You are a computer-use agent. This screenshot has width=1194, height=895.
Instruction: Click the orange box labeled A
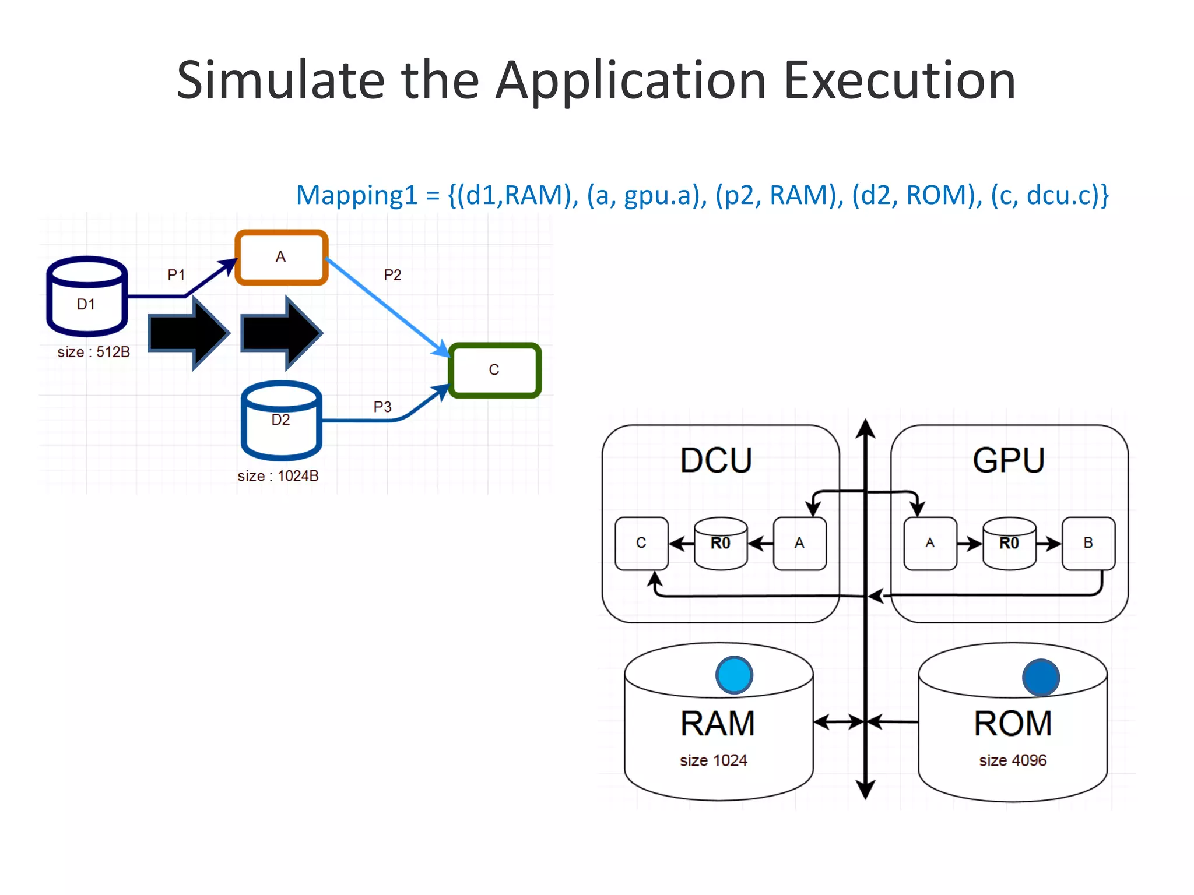click(x=281, y=257)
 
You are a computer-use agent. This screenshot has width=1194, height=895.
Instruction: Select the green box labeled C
click(x=494, y=370)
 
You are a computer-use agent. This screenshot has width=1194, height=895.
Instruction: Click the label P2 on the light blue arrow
click(x=392, y=275)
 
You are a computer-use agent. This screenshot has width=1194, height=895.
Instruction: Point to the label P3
click(x=382, y=407)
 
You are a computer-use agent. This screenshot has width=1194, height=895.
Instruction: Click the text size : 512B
click(x=93, y=352)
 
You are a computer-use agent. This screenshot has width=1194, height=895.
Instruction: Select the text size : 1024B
click(x=278, y=476)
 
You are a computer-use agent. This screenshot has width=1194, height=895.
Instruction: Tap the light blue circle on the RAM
click(x=734, y=675)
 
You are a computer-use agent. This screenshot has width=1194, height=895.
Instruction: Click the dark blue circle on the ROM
click(x=1041, y=677)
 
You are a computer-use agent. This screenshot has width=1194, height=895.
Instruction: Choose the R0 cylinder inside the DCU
click(x=721, y=543)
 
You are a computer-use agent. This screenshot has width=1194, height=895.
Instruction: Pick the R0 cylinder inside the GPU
click(x=1009, y=543)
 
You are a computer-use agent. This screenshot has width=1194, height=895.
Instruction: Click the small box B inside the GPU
click(x=1088, y=543)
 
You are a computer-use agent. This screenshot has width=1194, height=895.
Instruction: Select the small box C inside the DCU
click(x=641, y=543)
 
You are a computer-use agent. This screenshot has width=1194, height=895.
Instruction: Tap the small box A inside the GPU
click(x=930, y=543)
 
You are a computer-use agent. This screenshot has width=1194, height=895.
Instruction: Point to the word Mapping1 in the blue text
click(x=357, y=195)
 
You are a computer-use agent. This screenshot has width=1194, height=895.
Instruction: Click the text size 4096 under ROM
click(x=1013, y=760)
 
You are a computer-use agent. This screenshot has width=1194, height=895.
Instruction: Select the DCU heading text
click(x=716, y=460)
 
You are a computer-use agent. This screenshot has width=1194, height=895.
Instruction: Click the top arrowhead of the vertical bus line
click(x=866, y=428)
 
